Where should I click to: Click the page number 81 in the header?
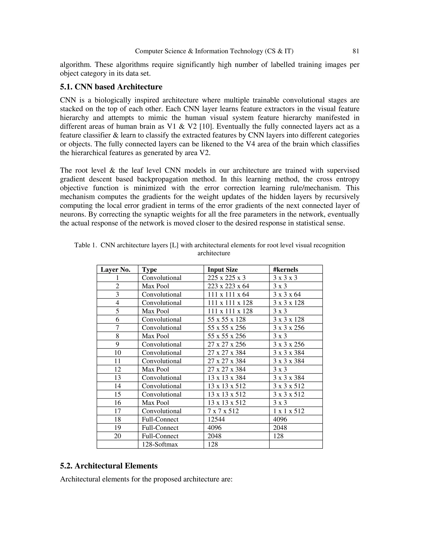(x=355, y=51)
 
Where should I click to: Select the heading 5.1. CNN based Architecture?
(x=111, y=87)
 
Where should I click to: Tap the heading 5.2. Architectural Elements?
(x=109, y=466)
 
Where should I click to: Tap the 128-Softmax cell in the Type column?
(x=160, y=444)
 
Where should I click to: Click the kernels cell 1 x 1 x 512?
(x=288, y=411)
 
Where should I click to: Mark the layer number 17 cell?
(x=117, y=411)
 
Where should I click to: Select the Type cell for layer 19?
(x=160, y=428)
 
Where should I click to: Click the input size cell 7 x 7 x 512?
(x=223, y=411)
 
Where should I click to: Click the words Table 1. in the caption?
(x=86, y=245)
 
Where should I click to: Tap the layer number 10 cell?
(x=117, y=353)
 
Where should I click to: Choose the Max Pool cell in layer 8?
(x=155, y=336)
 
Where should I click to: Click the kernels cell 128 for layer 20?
(x=278, y=436)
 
